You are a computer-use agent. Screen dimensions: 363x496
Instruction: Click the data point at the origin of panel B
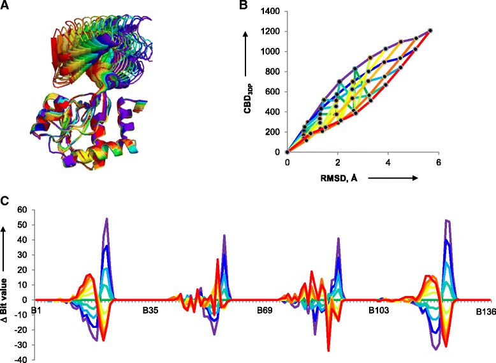pyautogui.click(x=288, y=152)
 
